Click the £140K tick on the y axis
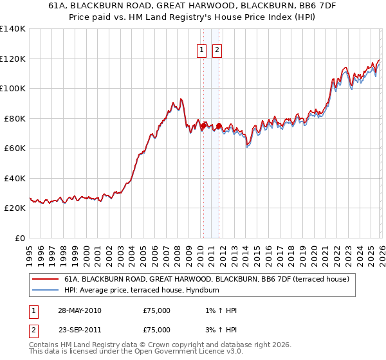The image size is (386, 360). coord(13,29)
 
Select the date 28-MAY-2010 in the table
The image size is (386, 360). coord(79,310)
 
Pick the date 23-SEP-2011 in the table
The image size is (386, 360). coord(79,329)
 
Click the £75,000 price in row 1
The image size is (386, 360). coord(156,310)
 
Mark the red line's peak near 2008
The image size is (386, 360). coord(181,98)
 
